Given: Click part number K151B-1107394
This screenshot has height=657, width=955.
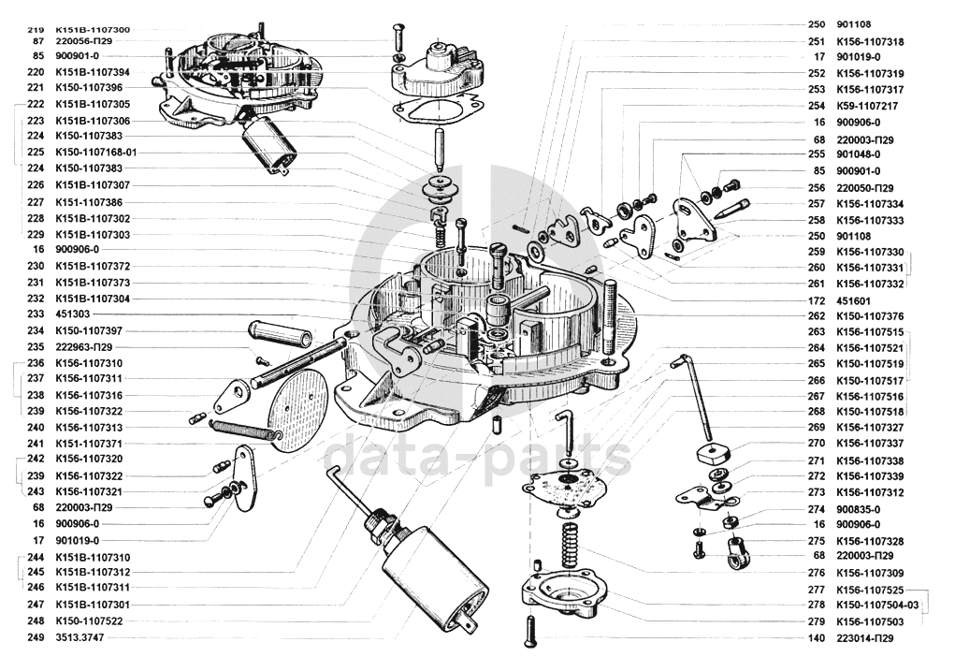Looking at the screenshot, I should [x=93, y=72].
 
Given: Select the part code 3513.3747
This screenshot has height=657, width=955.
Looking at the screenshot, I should [x=80, y=637].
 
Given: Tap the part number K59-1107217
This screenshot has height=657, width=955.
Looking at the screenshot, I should [x=866, y=106].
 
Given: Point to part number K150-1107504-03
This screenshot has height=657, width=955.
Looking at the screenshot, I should [x=877, y=606].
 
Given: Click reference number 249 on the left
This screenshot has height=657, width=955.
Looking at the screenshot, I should [x=36, y=637].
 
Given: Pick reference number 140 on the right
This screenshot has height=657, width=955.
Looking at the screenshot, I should [x=817, y=638].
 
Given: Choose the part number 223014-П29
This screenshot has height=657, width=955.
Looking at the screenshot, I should [x=865, y=638].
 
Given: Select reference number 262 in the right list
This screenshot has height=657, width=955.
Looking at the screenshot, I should [x=817, y=315].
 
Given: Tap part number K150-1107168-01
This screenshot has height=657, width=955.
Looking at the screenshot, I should [x=95, y=152].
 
